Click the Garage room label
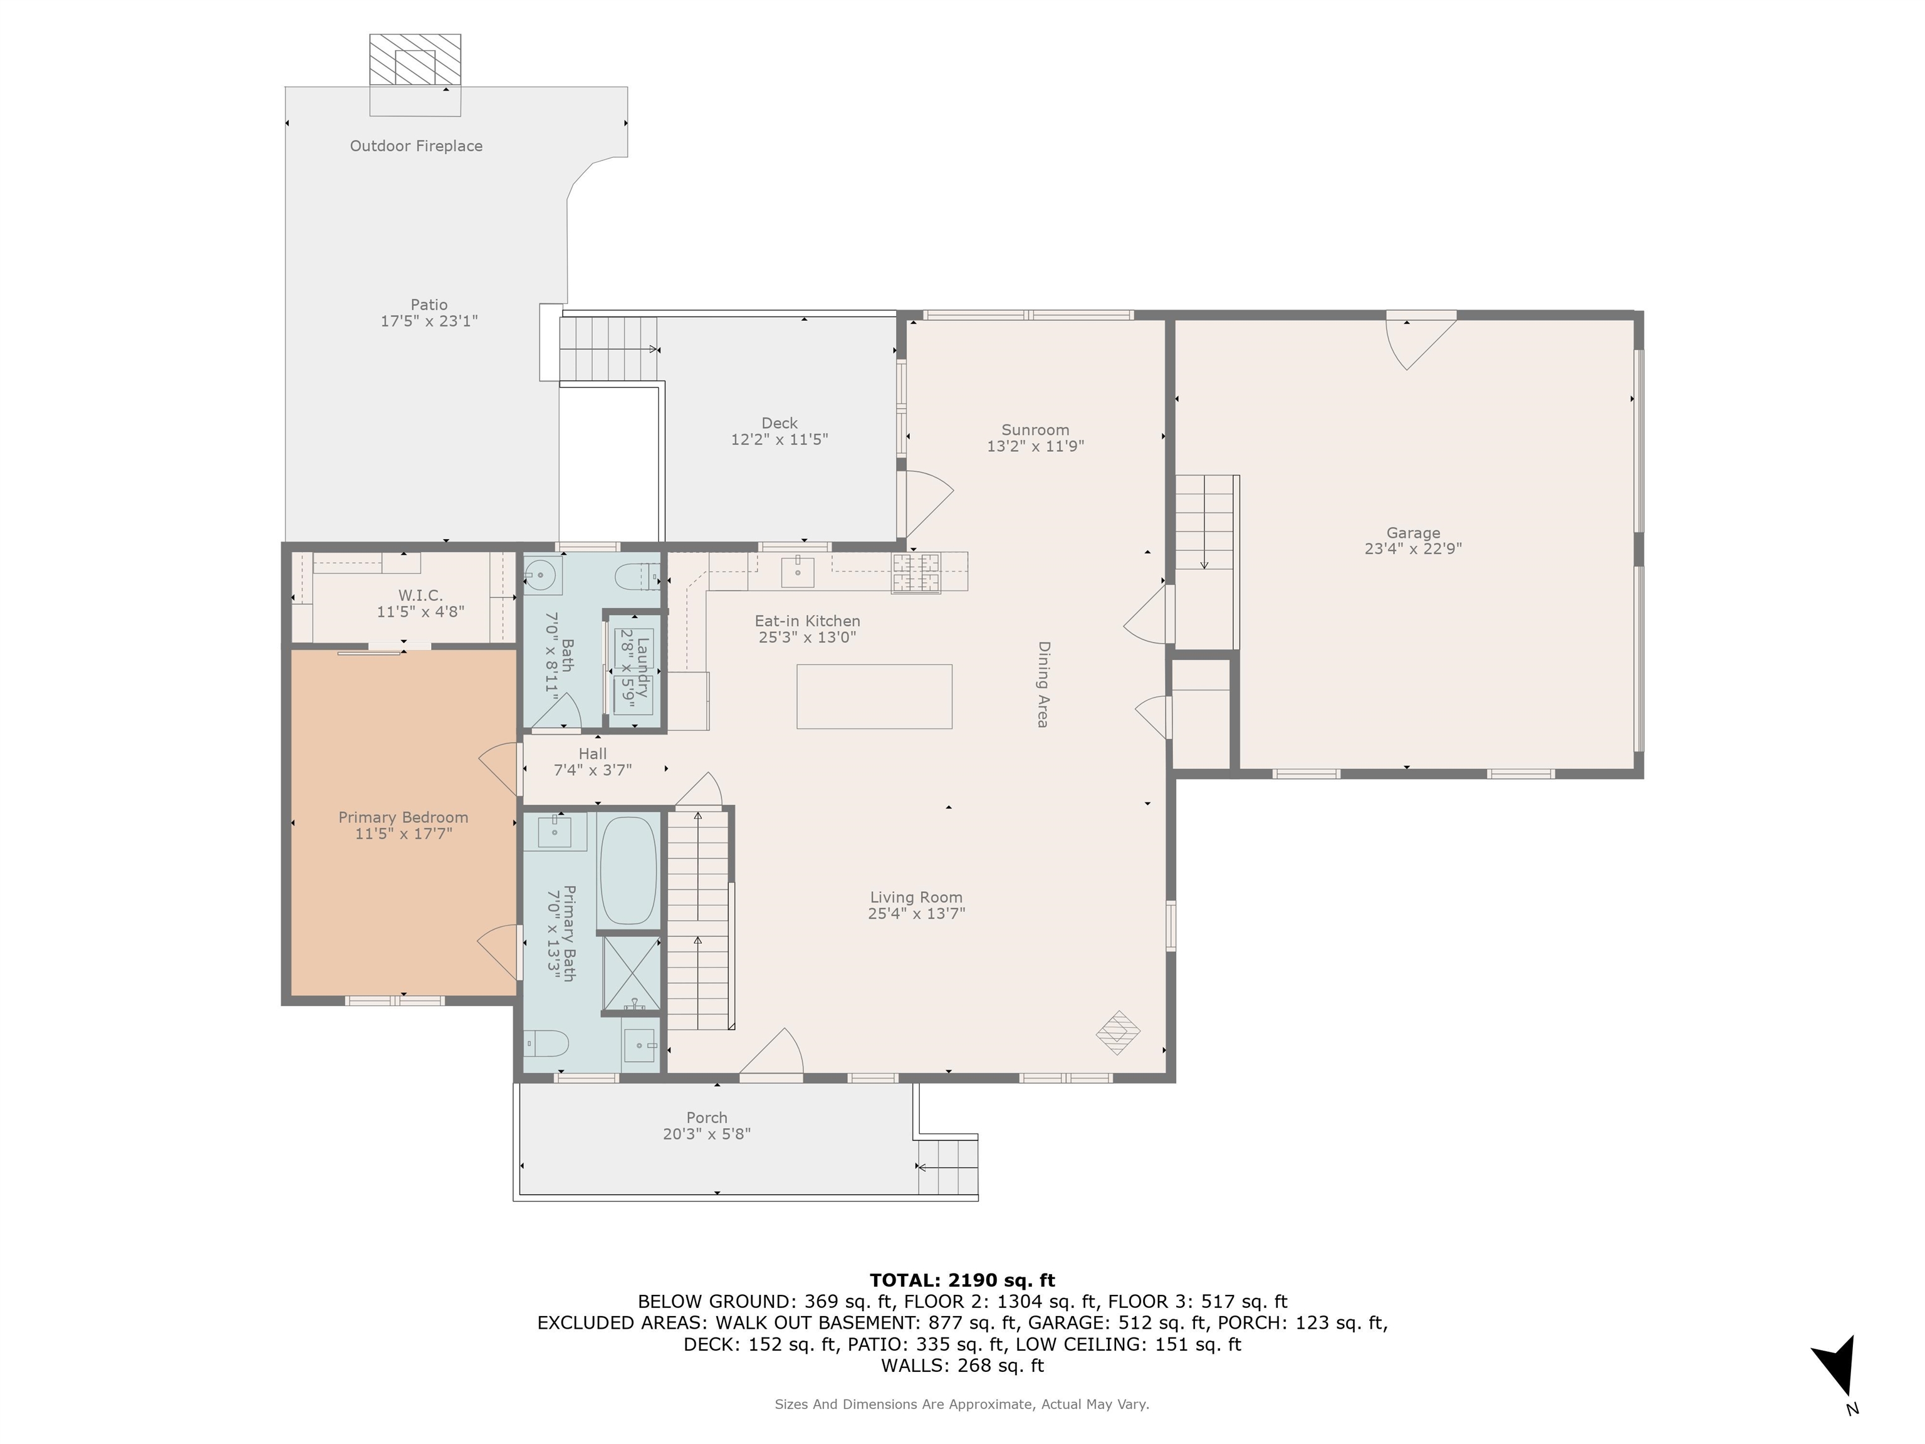pos(1413,533)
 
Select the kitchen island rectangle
pos(875,696)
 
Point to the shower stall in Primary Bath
pos(631,973)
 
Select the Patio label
pos(429,305)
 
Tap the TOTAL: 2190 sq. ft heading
pos(962,1280)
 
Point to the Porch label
pos(707,1117)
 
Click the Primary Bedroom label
pos(403,817)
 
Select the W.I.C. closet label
pos(420,595)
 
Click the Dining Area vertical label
pos(1043,684)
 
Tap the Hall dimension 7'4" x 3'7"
pos(593,770)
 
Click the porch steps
pos(949,1167)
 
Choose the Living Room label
pos(916,897)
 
